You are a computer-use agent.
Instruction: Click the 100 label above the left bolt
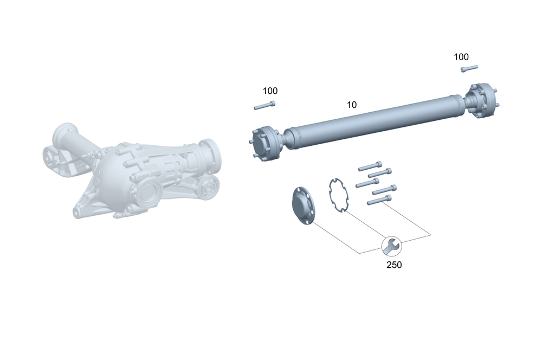270,91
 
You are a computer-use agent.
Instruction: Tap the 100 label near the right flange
461,57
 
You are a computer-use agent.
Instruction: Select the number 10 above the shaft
352,105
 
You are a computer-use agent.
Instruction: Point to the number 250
394,265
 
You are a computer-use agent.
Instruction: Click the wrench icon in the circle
392,246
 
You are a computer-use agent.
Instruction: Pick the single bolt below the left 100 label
264,106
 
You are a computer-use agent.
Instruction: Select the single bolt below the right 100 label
469,68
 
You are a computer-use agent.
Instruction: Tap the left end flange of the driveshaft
264,144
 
